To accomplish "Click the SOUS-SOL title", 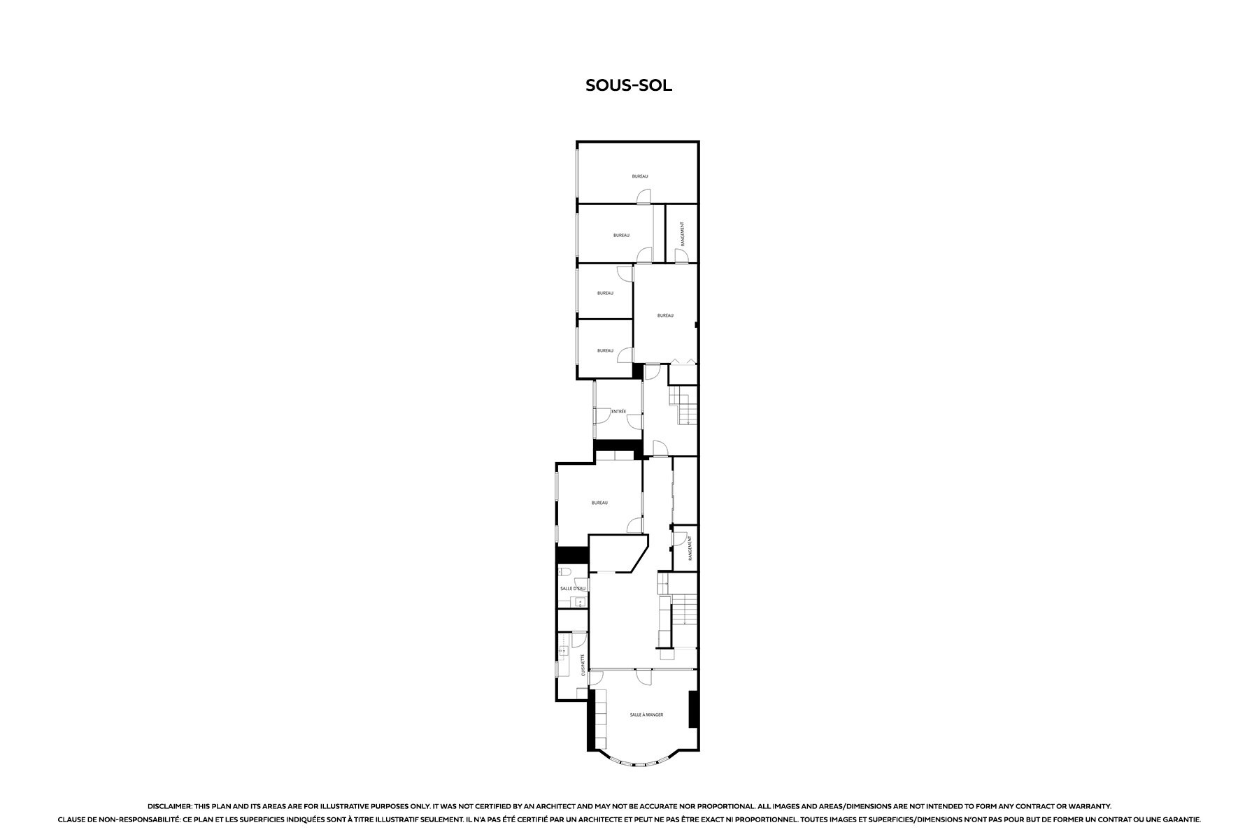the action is coord(629,85).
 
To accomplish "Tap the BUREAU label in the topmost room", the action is coord(640,176).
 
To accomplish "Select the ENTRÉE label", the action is coord(618,411).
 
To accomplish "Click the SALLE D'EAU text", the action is coord(573,589).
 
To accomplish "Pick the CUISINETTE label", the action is coord(583,665).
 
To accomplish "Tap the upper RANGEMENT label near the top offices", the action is coord(682,234).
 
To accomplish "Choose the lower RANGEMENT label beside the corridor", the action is coord(690,549).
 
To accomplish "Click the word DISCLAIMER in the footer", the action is coord(169,806).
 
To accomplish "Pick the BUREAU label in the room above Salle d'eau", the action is coord(599,503).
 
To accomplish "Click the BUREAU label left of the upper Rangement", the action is coord(621,236).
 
